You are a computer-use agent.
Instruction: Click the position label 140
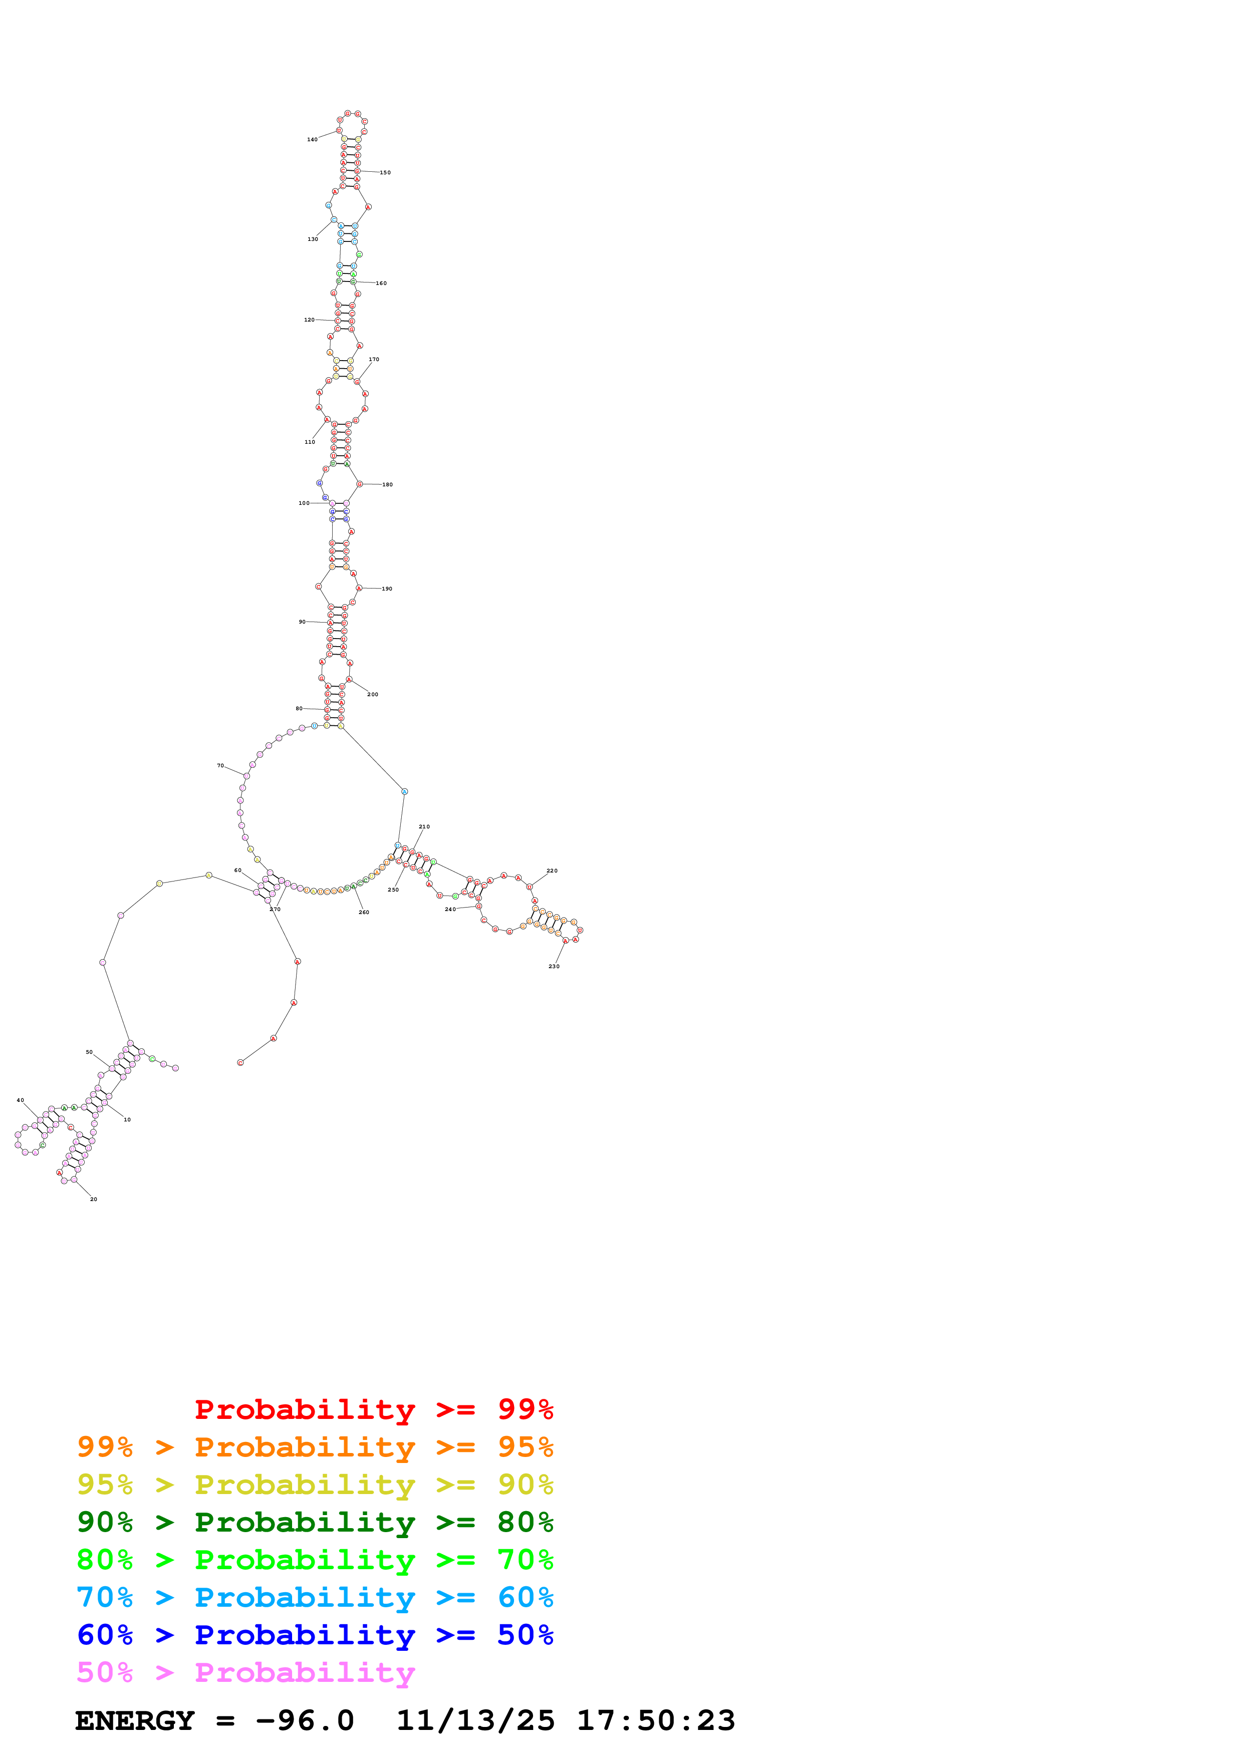(312, 139)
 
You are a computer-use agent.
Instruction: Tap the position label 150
(385, 173)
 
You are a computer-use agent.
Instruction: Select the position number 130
(313, 239)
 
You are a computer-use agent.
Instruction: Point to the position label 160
(381, 283)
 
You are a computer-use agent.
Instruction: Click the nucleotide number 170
(373, 360)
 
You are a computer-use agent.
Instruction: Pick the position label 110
(310, 442)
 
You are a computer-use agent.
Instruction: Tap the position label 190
(387, 589)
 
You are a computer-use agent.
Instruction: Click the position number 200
(373, 695)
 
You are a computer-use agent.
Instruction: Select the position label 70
(220, 766)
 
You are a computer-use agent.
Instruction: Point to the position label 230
(554, 967)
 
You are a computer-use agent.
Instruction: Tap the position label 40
(21, 1100)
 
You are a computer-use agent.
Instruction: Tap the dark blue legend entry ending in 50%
(315, 1635)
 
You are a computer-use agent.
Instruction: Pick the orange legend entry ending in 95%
(315, 1447)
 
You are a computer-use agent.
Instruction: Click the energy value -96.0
(305, 1721)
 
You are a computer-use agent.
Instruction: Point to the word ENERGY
(135, 1721)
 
